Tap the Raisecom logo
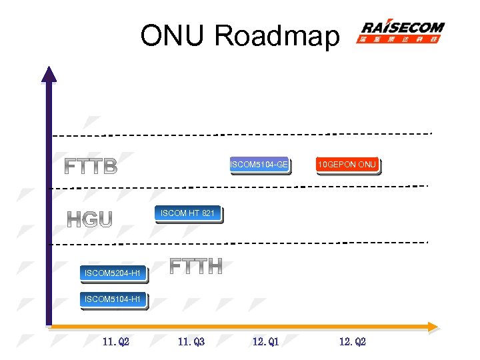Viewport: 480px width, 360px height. click(x=401, y=32)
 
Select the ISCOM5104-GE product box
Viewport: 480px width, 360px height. click(x=259, y=164)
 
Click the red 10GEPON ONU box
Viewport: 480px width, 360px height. click(x=347, y=164)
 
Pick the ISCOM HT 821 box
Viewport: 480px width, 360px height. click(x=187, y=213)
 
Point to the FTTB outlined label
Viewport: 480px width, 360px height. click(x=91, y=166)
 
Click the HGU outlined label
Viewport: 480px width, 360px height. click(x=89, y=219)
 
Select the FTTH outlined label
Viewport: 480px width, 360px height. click(x=195, y=266)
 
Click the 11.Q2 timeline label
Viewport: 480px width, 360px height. click(x=116, y=342)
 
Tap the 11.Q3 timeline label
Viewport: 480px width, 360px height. click(x=191, y=342)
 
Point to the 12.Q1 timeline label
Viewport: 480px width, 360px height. click(x=266, y=342)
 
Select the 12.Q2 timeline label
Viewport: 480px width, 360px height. click(x=353, y=342)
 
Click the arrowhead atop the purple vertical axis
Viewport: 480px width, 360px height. click(x=49, y=73)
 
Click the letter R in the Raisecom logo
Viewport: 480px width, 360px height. click(x=368, y=28)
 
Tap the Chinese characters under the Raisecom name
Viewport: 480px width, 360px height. click(x=401, y=40)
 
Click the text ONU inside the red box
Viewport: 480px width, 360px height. click(x=367, y=164)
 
